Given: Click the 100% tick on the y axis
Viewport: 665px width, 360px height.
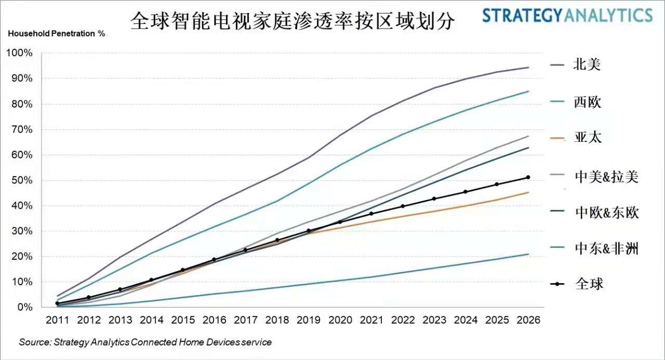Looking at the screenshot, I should click(19, 53).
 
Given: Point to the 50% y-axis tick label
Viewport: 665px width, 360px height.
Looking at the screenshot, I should click(21, 180).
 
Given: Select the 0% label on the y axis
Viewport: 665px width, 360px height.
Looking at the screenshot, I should click(24, 307).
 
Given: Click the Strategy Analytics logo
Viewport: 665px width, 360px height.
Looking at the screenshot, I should click(567, 16).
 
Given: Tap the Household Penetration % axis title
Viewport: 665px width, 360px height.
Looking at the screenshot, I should click(56, 34).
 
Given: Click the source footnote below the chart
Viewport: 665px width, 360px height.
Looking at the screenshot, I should click(145, 342).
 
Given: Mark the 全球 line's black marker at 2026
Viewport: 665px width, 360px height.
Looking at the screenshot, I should click(528, 177).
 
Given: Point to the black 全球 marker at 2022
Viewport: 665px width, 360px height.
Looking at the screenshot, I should click(403, 206).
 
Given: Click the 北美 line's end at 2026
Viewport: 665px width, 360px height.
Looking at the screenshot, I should click(528, 68).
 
